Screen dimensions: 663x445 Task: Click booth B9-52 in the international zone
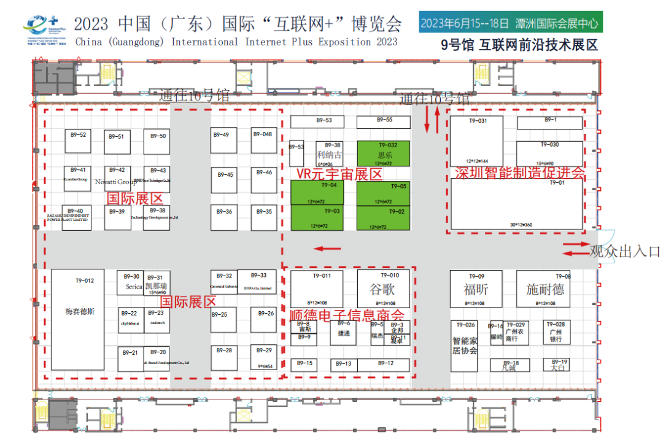pyautogui.click(x=79, y=141)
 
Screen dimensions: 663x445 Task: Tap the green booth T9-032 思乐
pyautogui.click(x=383, y=154)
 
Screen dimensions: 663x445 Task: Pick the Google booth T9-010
pyautogui.click(x=383, y=289)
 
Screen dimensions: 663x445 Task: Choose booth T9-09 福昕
pyautogui.click(x=476, y=289)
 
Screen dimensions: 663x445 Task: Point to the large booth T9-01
pyautogui.click(x=516, y=204)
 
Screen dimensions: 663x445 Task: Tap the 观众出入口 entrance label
pyautogui.click(x=624, y=252)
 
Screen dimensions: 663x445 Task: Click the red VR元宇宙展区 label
pyautogui.click(x=339, y=174)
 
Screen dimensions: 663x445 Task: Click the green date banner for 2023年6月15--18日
pyautogui.click(x=510, y=23)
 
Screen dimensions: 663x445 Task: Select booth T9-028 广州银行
pyautogui.click(x=556, y=332)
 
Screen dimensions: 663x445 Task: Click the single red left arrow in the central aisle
pyautogui.click(x=327, y=249)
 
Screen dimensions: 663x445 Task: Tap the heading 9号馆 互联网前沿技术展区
pyautogui.click(x=519, y=45)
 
